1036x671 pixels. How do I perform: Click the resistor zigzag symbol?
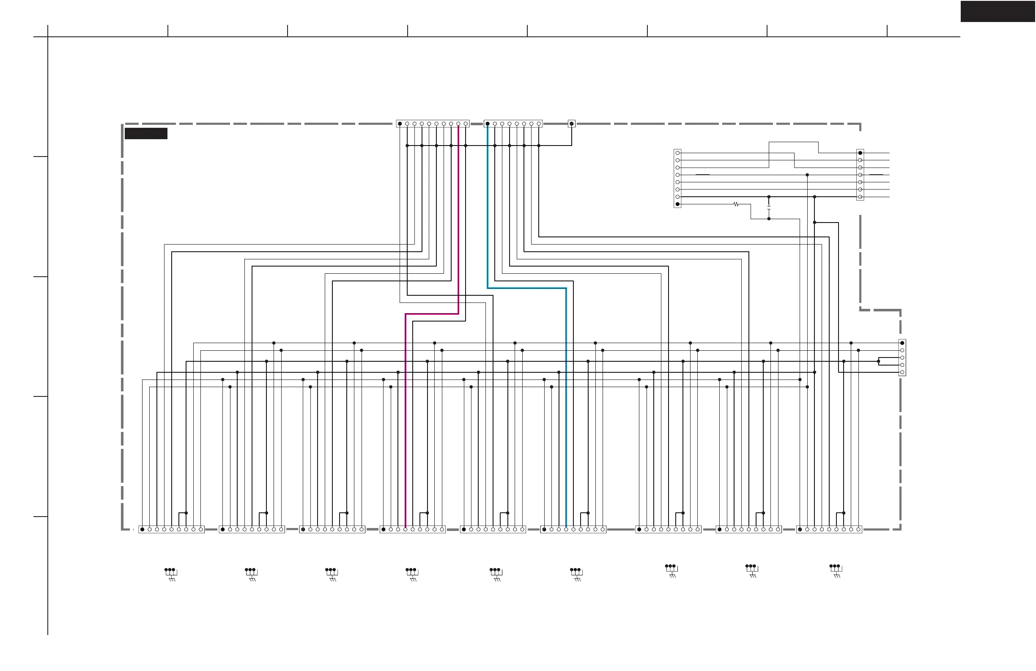pos(736,204)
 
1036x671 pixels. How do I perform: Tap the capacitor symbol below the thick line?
pos(769,208)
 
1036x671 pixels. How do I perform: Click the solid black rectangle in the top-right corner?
pos(997,11)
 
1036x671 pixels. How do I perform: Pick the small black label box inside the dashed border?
pos(146,133)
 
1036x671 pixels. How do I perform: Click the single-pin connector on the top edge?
pos(572,124)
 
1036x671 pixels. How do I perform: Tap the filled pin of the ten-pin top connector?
pos(400,124)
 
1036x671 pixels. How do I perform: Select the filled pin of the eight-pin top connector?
pos(488,124)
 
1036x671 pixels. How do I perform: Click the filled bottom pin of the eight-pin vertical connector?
pos(677,204)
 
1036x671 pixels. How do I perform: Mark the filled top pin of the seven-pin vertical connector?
pos(860,153)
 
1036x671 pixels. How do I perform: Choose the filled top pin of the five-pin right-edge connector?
pos(902,343)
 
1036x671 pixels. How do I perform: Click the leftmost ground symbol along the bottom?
pos(171,574)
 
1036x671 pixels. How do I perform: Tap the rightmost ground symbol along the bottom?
pos(836,571)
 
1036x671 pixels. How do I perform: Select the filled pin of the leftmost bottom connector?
pos(143,530)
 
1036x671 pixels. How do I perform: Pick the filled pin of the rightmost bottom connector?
pos(800,530)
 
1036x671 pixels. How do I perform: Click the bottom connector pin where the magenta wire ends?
pos(405,530)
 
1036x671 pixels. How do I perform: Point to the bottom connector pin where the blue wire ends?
pos(566,530)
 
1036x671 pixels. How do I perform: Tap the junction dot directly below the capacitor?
pos(769,219)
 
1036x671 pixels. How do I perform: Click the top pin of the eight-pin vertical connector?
pos(677,153)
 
